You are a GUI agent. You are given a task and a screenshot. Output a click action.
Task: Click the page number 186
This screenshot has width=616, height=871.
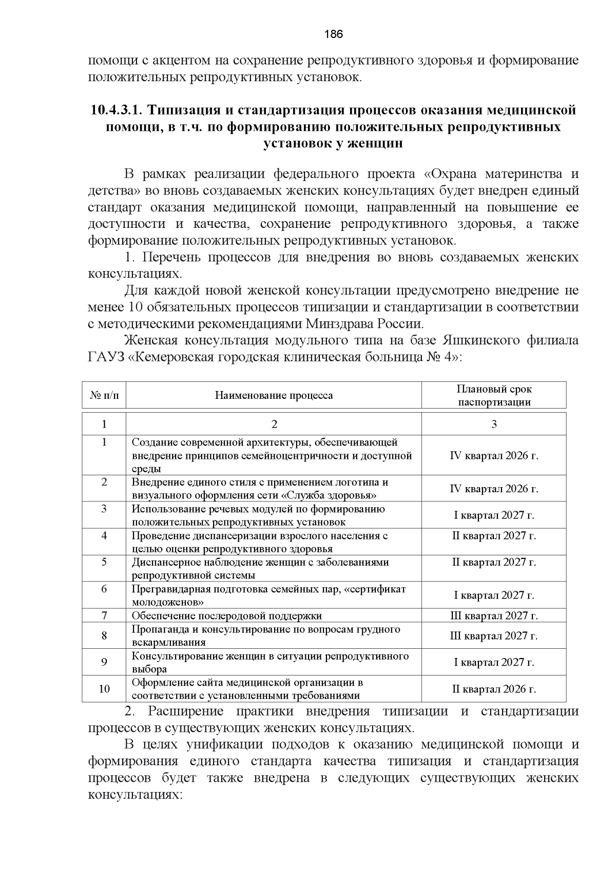tap(333, 34)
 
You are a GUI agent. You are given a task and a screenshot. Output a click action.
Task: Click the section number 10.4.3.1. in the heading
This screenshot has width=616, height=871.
tap(116, 110)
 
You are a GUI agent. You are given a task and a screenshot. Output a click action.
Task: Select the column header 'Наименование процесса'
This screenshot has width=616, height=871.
tap(274, 395)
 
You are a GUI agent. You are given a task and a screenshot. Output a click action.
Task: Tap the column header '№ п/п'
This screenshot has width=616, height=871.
tap(104, 395)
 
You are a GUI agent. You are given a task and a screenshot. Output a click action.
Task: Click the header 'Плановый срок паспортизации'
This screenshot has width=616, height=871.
tap(494, 396)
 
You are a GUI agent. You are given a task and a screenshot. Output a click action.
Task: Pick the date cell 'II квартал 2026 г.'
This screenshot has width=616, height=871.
tap(494, 689)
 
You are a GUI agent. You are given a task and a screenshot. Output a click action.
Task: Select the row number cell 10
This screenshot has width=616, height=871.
tap(104, 689)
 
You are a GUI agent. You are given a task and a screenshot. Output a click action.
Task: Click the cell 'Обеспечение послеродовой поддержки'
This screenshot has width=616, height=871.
tap(226, 615)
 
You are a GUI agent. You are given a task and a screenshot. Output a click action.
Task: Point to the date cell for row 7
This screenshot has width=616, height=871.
tap(494, 615)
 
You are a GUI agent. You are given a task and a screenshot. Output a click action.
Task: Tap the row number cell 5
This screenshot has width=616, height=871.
tap(104, 562)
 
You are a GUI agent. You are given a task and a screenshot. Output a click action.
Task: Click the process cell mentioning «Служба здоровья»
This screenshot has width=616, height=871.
tap(259, 489)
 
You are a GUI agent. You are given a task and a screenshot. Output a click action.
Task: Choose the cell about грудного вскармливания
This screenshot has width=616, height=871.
tap(265, 635)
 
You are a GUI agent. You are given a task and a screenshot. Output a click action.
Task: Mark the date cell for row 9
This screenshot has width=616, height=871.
tap(494, 662)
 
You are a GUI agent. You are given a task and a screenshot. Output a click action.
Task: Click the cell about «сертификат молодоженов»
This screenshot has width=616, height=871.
tap(268, 595)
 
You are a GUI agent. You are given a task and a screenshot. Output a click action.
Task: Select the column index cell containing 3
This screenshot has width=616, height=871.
tap(494, 424)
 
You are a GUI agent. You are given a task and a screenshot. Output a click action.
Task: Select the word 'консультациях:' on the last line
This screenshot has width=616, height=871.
tap(136, 794)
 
